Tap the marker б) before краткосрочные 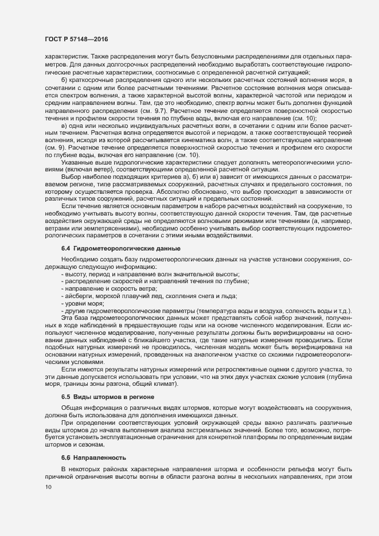65,78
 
